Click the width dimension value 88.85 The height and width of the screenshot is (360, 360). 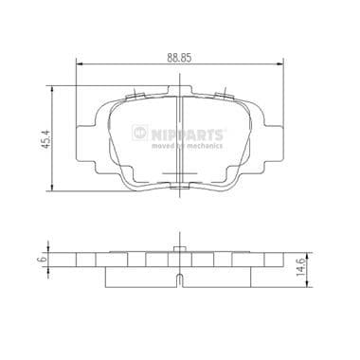[x=180, y=56]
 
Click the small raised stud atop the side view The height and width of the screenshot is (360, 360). [x=180, y=248]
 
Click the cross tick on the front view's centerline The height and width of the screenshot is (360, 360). [x=180, y=171]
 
